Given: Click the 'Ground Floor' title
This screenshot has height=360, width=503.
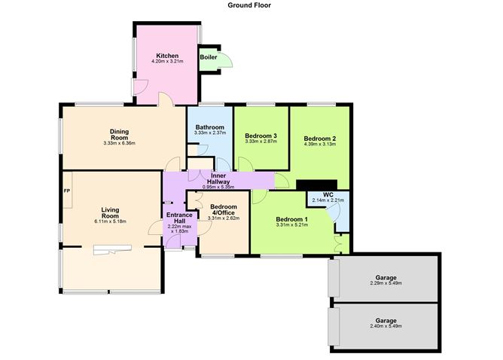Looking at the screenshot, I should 251,5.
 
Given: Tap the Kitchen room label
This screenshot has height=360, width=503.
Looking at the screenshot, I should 167,56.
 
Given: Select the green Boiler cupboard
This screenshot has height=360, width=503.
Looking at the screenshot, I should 209,57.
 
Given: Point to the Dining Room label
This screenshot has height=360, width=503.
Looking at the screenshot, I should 120,133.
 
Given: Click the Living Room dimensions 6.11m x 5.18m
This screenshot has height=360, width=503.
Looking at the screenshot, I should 111,221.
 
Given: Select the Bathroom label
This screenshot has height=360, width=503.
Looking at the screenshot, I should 210,127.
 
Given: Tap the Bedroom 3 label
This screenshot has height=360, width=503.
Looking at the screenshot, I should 261,136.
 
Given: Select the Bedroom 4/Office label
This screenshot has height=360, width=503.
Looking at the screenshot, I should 224,209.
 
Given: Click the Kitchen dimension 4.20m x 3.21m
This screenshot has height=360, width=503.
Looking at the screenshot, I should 167,63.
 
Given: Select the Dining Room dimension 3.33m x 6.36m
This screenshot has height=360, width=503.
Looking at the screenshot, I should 120,142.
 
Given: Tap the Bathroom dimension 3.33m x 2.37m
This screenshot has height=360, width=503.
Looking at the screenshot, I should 210,133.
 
